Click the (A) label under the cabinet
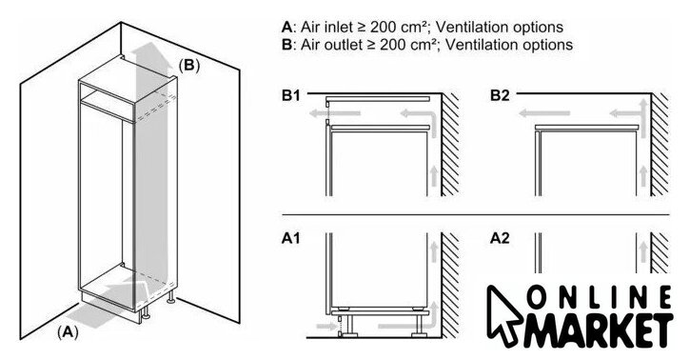point(68,331)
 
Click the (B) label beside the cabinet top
point(189,65)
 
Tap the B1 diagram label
point(291,95)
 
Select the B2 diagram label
point(500,95)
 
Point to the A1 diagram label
point(291,238)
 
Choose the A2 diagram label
point(500,238)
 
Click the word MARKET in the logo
point(600,330)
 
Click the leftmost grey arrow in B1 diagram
point(335,113)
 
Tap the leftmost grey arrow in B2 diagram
point(544,113)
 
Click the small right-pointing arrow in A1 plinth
point(326,327)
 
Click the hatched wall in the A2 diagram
point(660,252)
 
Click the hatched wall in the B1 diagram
point(450,145)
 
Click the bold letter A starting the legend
point(286,28)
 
